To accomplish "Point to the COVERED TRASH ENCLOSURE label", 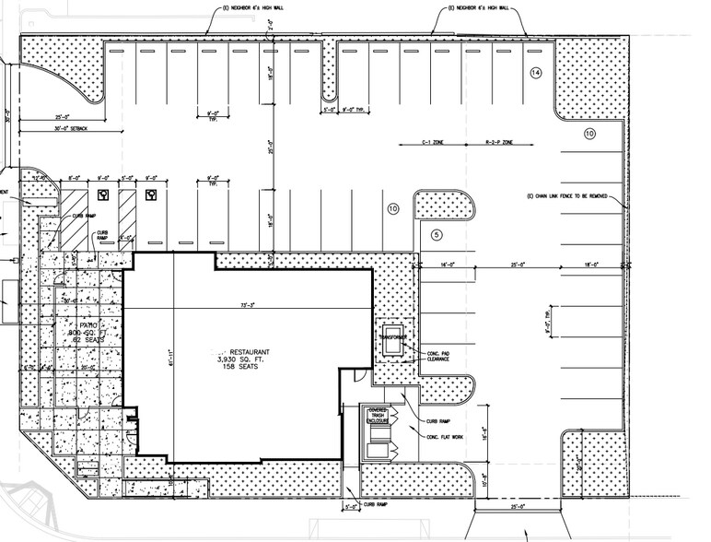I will click(x=380, y=416).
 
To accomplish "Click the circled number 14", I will click(x=536, y=73).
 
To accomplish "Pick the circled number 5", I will click(x=437, y=235).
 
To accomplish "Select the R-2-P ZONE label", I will click(x=498, y=145).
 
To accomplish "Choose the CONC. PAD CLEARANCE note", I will click(x=437, y=356).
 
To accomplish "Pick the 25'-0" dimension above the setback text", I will click(x=64, y=117).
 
